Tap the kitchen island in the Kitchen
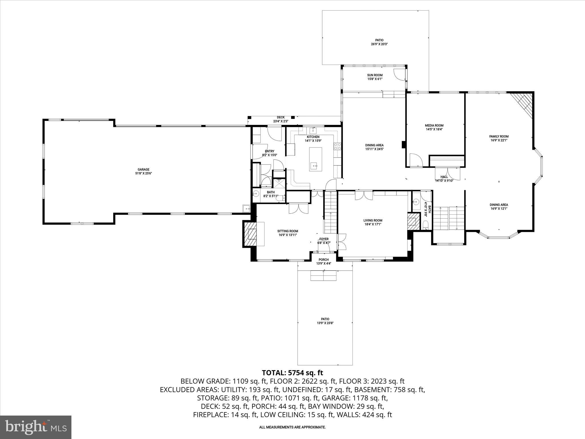[315, 159]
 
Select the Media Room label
[434, 125]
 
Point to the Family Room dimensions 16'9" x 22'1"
[499, 140]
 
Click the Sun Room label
[375, 75]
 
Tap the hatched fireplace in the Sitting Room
[250, 234]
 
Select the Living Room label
[373, 220]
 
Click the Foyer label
[324, 239]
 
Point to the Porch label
[324, 260]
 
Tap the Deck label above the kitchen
[281, 117]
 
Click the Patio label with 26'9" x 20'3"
[379, 40]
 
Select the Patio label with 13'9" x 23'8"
[325, 319]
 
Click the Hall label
[444, 177]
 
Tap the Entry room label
[269, 151]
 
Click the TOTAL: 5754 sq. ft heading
[292, 373]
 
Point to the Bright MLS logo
[36, 427]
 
